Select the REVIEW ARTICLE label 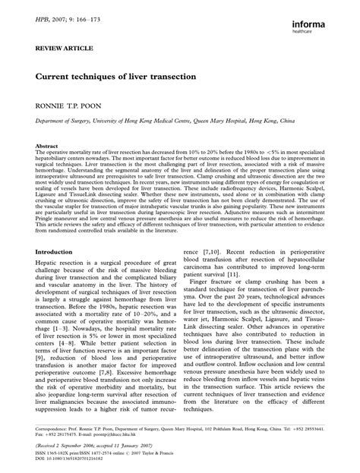click(59, 46)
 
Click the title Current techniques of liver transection click(115, 77)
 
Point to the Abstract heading click(48, 144)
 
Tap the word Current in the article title click(54, 77)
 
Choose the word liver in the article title click(134, 77)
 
